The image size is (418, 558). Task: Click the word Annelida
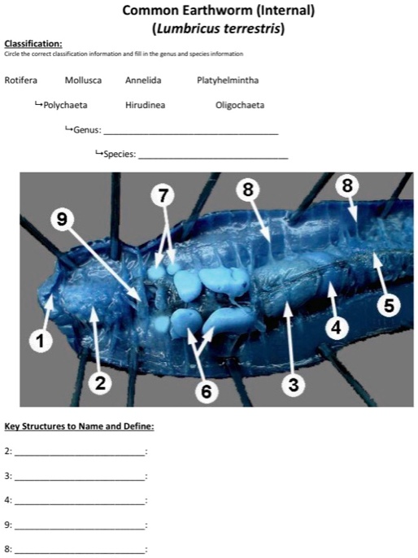point(143,81)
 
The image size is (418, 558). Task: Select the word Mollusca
point(83,81)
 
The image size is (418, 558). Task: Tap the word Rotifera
point(20,80)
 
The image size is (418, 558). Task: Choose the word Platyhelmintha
point(228,81)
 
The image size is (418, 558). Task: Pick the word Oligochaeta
point(240,106)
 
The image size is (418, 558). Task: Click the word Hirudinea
point(145,106)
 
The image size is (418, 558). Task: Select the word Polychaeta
point(65,106)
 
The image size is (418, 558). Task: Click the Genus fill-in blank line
point(191,134)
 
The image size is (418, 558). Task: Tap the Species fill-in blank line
point(213,159)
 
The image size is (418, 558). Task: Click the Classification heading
point(33,44)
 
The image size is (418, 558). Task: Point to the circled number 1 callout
point(41,341)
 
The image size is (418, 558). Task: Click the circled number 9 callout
point(63,220)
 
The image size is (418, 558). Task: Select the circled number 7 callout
point(163,196)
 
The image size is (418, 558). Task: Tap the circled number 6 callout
point(207,392)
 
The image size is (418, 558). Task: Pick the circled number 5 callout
point(390,305)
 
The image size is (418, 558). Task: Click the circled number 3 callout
point(294,384)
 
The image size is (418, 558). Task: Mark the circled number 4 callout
point(336,327)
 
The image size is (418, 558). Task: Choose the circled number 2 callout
point(100,383)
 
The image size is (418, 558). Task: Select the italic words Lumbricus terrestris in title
point(219,28)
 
